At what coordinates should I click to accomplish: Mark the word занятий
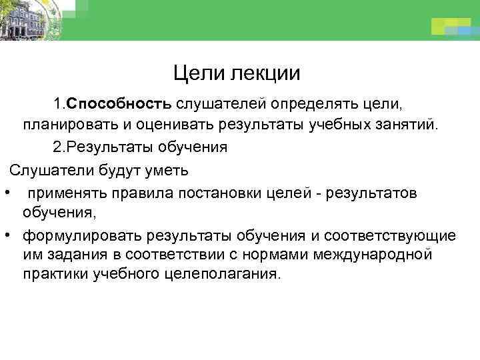[405, 125]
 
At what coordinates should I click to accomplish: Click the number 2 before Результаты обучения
[57, 147]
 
